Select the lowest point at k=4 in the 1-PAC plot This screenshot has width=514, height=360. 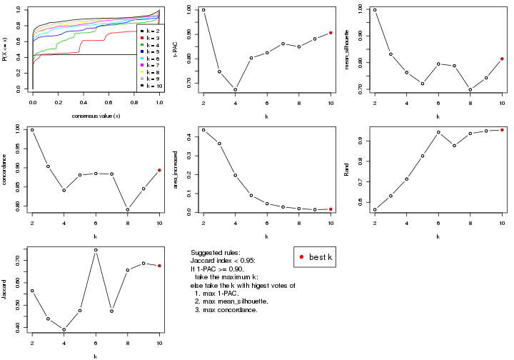tap(235, 89)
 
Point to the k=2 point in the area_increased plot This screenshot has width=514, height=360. tap(203, 130)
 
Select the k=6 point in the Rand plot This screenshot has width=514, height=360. tap(438, 132)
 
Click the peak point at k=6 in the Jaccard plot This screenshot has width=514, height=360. tap(96, 250)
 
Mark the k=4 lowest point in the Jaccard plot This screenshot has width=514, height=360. tap(64, 330)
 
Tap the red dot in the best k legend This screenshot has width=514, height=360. tap(303, 257)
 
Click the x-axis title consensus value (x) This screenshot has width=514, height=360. tap(96, 116)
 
